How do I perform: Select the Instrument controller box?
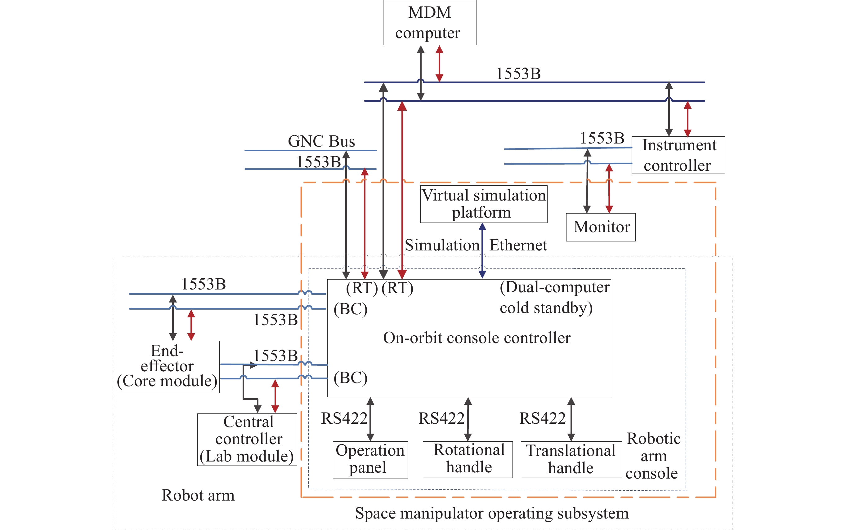(x=678, y=155)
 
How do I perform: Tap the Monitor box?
(x=601, y=227)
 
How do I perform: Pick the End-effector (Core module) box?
(x=167, y=367)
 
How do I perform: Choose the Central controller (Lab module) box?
(x=247, y=439)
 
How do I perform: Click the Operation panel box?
(x=370, y=460)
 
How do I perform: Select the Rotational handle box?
(x=467, y=459)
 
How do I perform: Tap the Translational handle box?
(x=571, y=460)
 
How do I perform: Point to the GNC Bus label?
(x=321, y=141)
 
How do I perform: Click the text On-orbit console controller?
(x=477, y=338)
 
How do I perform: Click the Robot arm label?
(x=198, y=495)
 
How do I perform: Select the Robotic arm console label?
(x=653, y=456)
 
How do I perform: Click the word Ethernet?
(x=518, y=245)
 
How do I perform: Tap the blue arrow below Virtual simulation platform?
(x=482, y=251)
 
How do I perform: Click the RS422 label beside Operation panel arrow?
(x=344, y=418)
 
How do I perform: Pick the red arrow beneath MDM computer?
(x=439, y=64)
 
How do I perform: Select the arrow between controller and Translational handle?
(x=571, y=419)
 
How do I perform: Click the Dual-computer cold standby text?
(x=554, y=298)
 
